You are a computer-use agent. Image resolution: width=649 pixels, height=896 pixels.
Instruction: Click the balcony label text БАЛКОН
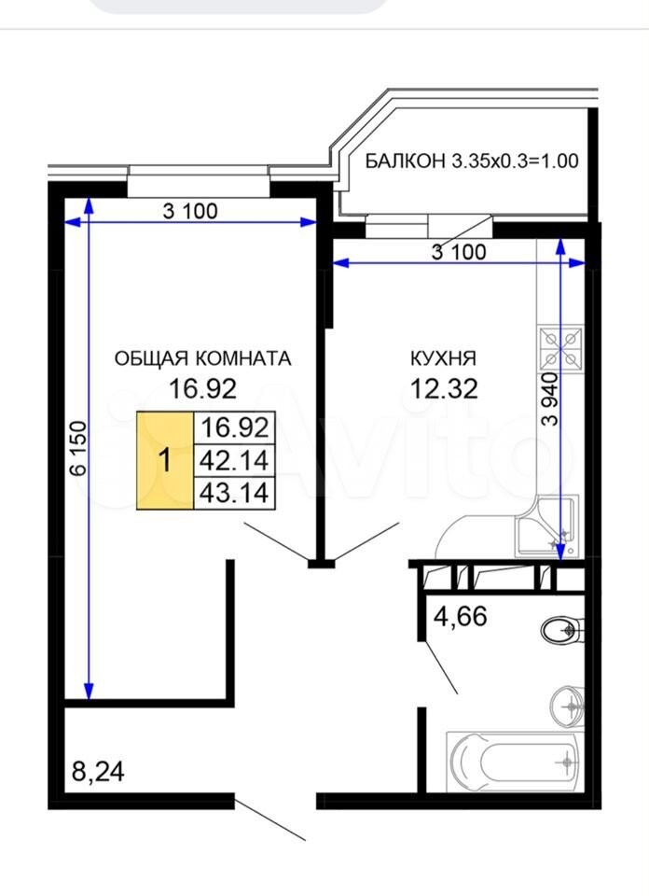[x=405, y=161]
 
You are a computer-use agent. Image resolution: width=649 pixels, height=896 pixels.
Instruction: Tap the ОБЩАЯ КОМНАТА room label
[x=202, y=358]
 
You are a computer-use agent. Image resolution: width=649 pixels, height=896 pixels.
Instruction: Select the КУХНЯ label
[x=443, y=358]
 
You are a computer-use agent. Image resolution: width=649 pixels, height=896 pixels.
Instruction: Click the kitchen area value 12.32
[x=444, y=389]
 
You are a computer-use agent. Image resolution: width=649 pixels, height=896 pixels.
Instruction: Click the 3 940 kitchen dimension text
[x=550, y=399]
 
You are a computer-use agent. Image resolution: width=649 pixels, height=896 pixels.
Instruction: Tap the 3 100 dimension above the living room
[x=190, y=212]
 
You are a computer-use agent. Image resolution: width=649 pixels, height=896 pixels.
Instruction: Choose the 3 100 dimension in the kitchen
[x=459, y=251]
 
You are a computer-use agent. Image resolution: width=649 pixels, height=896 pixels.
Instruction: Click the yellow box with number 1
[x=165, y=460]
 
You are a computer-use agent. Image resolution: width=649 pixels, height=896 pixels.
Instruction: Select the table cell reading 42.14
[x=235, y=460]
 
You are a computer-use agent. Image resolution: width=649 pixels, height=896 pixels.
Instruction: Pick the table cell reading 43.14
[x=235, y=493]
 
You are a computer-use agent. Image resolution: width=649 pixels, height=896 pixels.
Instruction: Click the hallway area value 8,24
[x=98, y=772]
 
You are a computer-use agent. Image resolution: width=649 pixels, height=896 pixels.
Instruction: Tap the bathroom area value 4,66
[x=460, y=617]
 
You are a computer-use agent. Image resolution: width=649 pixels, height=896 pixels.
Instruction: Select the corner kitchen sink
[x=546, y=525]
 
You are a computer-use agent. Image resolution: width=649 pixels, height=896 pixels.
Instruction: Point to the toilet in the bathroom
[x=561, y=630]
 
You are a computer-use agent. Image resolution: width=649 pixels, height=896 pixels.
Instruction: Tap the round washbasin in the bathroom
[x=568, y=707]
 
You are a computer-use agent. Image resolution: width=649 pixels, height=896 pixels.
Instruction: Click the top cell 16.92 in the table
[x=235, y=427]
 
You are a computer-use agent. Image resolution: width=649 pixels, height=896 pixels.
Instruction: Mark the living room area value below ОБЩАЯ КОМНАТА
[x=202, y=389]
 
